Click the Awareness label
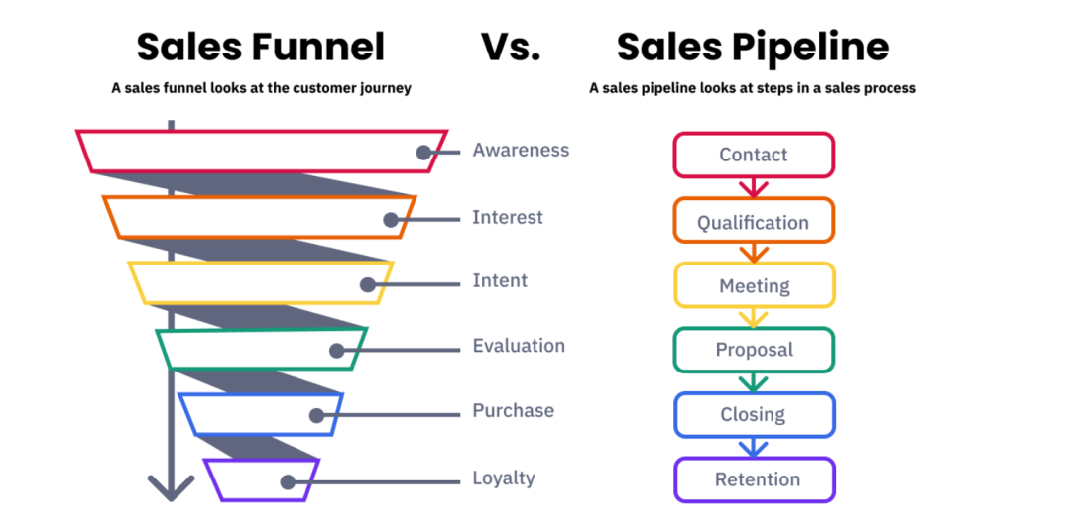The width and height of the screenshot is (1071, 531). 521,151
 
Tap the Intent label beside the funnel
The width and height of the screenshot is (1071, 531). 500,281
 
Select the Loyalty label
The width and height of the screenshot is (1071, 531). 504,478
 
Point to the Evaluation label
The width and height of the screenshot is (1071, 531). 519,346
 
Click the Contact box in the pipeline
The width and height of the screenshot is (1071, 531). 754,155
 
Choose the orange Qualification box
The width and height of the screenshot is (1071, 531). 754,222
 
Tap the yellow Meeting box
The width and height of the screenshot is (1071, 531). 754,286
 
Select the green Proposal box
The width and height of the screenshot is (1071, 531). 754,350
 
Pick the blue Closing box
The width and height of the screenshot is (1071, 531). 754,415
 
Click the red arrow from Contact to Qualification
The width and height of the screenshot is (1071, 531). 754,187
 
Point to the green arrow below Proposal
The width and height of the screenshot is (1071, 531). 754,381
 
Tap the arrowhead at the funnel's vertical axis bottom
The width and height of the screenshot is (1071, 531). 172,487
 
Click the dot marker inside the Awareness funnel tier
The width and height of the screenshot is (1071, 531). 424,153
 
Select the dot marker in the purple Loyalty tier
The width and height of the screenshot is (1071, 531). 288,482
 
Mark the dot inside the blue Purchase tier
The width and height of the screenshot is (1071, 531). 316,417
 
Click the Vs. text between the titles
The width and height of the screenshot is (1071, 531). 511,47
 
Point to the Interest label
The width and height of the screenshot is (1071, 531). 508,218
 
